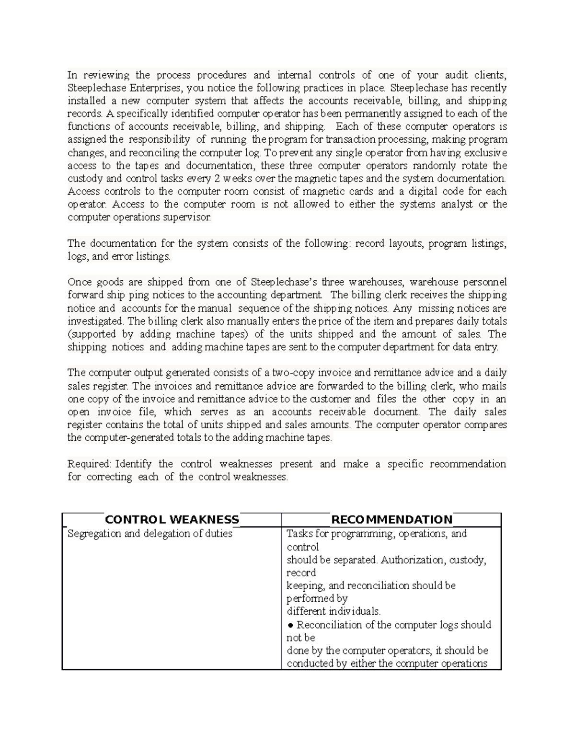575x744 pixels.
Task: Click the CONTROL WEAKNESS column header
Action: (x=172, y=520)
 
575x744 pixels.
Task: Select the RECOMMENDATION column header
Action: (x=391, y=520)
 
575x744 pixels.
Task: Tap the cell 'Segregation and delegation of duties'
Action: (x=150, y=534)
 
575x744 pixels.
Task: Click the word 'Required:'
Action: (x=89, y=464)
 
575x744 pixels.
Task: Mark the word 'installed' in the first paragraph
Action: (x=86, y=101)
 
